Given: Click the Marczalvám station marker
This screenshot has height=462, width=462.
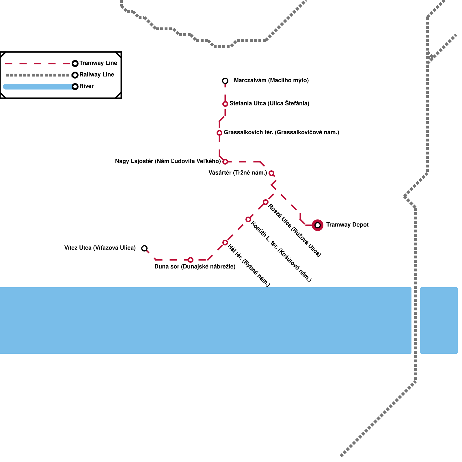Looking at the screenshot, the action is pos(225,81).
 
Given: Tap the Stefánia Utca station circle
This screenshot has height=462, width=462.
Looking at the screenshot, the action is pos(225,104).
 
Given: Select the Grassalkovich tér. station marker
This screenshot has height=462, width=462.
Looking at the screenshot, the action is pos(219,133).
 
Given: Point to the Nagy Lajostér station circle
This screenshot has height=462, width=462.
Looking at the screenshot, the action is pos(225,162).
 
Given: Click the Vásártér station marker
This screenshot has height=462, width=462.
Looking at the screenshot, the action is pos(271,173).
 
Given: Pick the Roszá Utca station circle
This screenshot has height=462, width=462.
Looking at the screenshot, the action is pos(266,202).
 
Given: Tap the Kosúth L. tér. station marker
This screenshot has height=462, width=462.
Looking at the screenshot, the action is pos(248,219).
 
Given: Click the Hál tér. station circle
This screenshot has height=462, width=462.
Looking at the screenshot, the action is pos(225,243).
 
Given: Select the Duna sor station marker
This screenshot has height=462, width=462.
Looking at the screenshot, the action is pos(191,260).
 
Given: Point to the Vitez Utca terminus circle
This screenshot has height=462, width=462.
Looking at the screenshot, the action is pos(144,248).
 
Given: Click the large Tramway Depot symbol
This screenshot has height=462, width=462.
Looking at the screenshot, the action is pos(318,225).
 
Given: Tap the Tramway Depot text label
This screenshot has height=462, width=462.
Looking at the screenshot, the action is pos(347,225).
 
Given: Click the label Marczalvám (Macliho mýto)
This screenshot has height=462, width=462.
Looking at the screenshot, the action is pos(271,81).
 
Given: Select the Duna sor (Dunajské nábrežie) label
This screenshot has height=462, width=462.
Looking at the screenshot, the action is pos(195,267).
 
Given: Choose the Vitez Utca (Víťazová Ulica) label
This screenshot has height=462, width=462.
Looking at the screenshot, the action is pos(100,248).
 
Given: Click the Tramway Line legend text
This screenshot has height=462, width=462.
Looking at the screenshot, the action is pos(98,63).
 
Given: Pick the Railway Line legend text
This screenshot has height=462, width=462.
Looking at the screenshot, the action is pos(97,75).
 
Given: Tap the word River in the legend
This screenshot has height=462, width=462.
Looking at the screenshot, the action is pos(87,86).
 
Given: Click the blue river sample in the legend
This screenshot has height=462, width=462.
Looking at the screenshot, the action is pos(38,87).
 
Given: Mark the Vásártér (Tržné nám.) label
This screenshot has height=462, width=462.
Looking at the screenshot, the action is pos(238,173).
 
